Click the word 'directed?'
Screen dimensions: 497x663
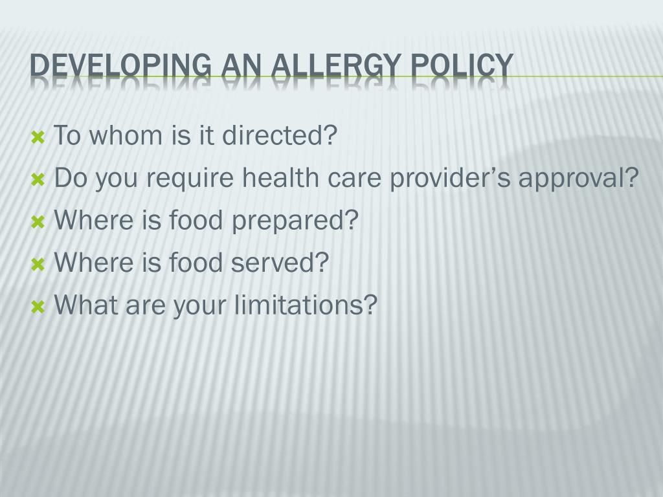tap(280, 136)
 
